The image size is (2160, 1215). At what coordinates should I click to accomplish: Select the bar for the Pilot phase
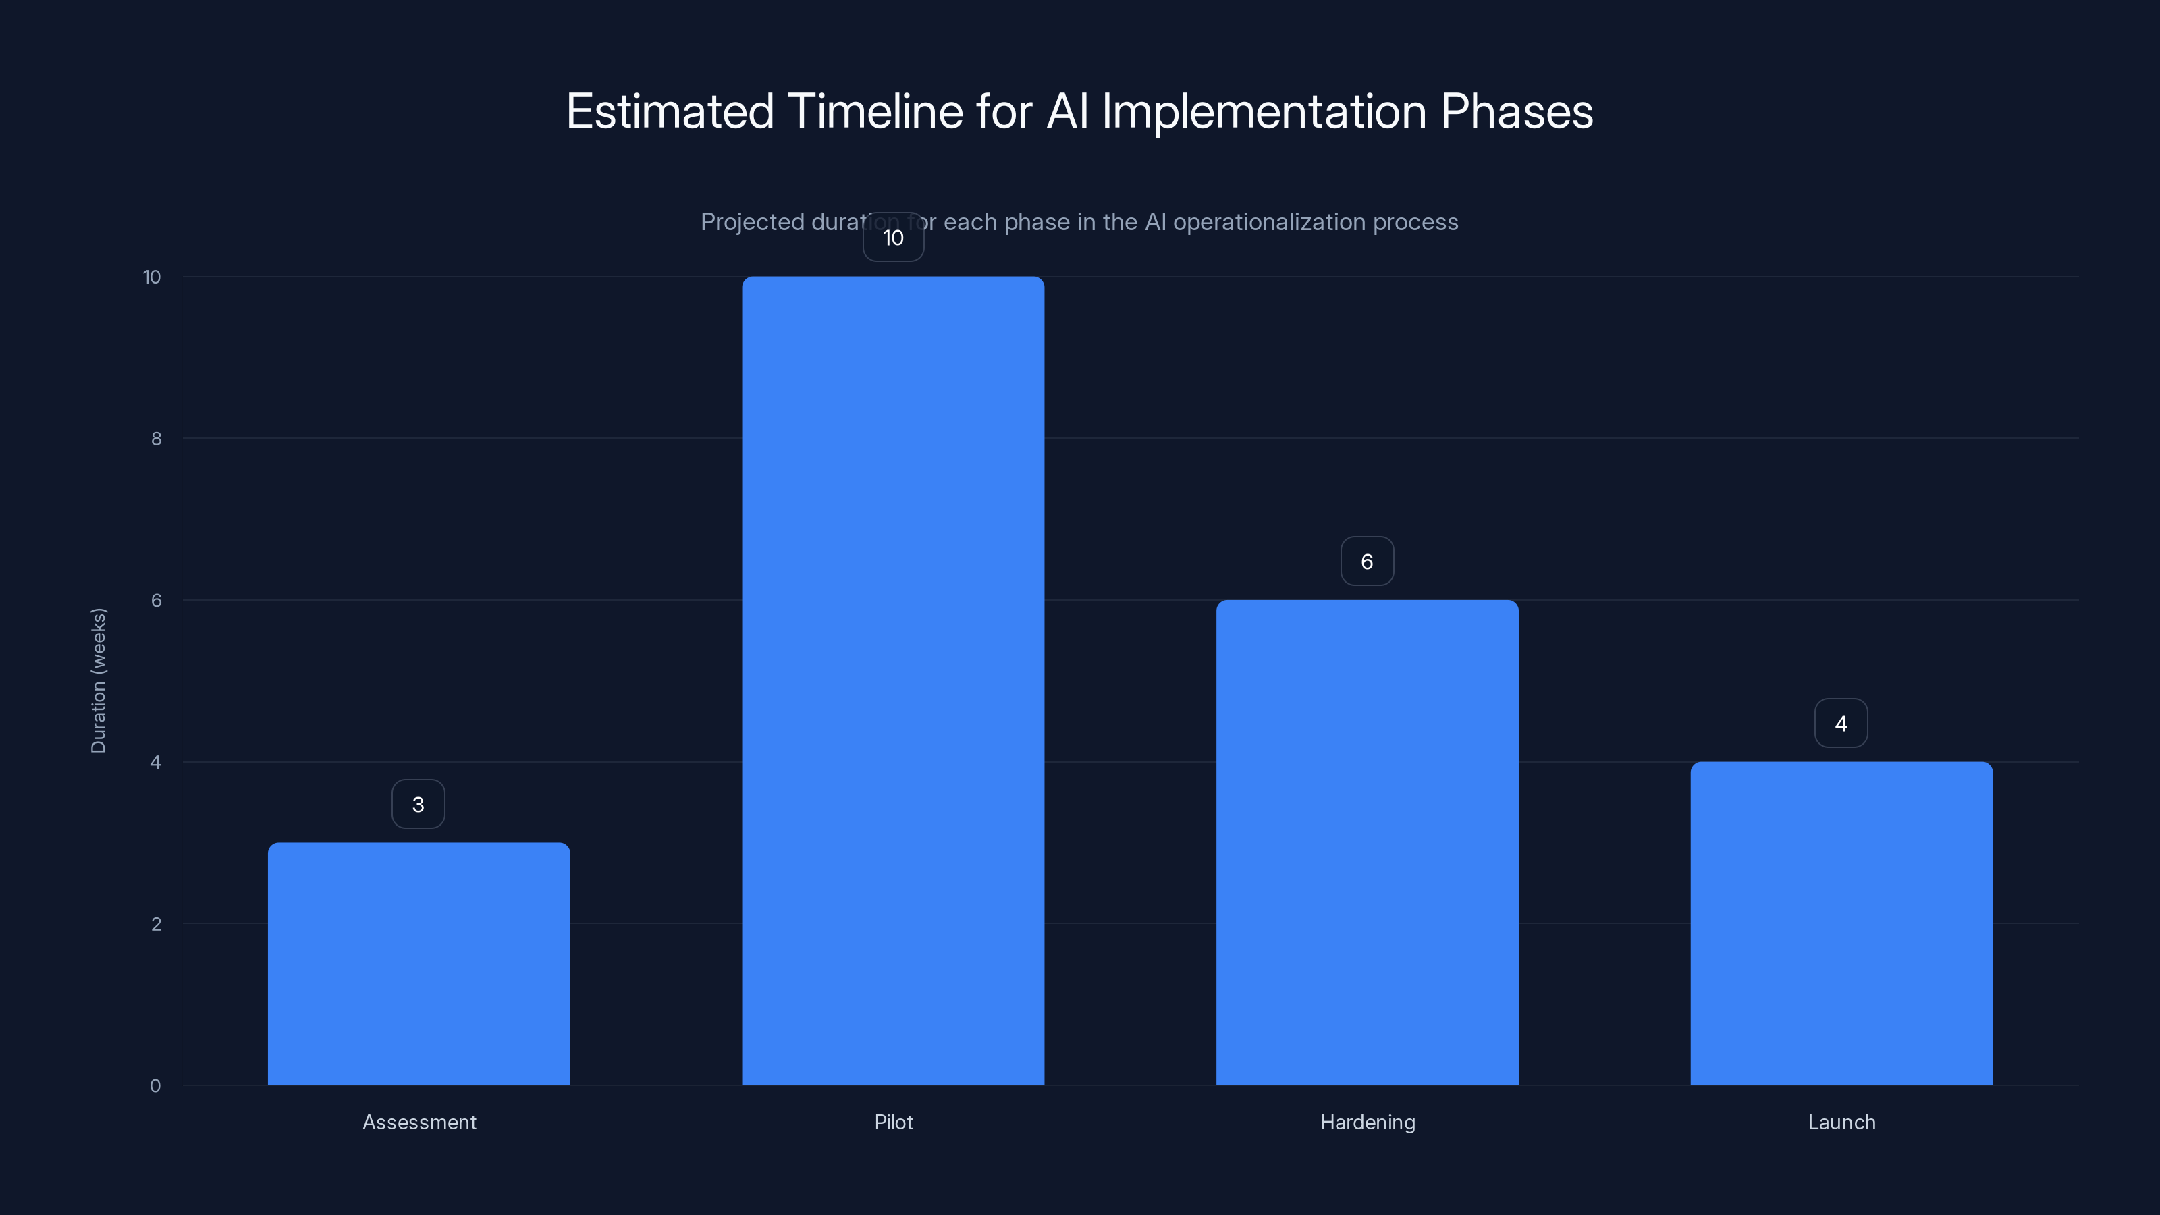pos(893,680)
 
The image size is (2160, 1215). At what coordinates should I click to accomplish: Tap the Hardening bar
pos(1367,842)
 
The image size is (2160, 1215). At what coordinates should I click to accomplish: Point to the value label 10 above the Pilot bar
pos(893,238)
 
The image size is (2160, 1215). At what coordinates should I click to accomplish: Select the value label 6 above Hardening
pos(1367,562)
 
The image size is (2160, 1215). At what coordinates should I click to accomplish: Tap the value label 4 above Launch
pos(1841,724)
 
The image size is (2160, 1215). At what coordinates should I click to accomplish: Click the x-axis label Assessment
pos(419,1122)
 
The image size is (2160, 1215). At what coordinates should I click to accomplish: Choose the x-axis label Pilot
pos(893,1122)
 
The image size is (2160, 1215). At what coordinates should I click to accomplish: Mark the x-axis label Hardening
pos(1368,1122)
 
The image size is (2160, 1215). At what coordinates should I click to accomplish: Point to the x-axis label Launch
pos(1841,1122)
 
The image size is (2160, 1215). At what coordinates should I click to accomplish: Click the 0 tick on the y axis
pos(155,1086)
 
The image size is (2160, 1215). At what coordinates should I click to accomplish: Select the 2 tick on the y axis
pos(156,924)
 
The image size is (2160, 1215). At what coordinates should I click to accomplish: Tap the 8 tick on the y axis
pos(156,439)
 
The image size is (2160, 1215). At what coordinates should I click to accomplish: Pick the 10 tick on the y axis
pos(152,277)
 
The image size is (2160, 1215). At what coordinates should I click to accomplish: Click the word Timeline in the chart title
pos(875,111)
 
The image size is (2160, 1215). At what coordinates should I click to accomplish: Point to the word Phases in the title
pos(1516,111)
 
